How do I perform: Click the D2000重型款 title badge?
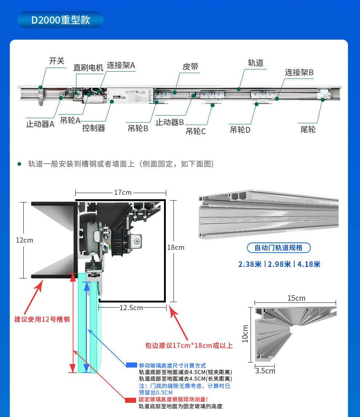coord(60,20)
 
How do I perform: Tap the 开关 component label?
coord(57,61)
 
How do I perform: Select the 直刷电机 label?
coord(88,68)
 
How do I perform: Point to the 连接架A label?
coord(121,65)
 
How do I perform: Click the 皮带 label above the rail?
coord(190,67)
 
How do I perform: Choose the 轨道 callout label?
coord(255,63)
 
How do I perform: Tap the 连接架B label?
coord(299,72)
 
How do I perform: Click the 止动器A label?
coord(40,124)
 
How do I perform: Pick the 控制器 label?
coord(93,128)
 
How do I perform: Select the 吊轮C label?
coord(196,131)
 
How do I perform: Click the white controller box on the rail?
coord(130,95)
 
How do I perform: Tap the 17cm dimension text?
coord(123,192)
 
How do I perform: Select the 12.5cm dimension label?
coord(131,308)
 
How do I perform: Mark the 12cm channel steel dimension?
coord(24,240)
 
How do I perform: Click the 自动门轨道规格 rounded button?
coord(279,248)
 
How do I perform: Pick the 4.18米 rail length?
coord(309,264)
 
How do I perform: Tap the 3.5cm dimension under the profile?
coord(265,371)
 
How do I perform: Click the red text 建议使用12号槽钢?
coord(42,319)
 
